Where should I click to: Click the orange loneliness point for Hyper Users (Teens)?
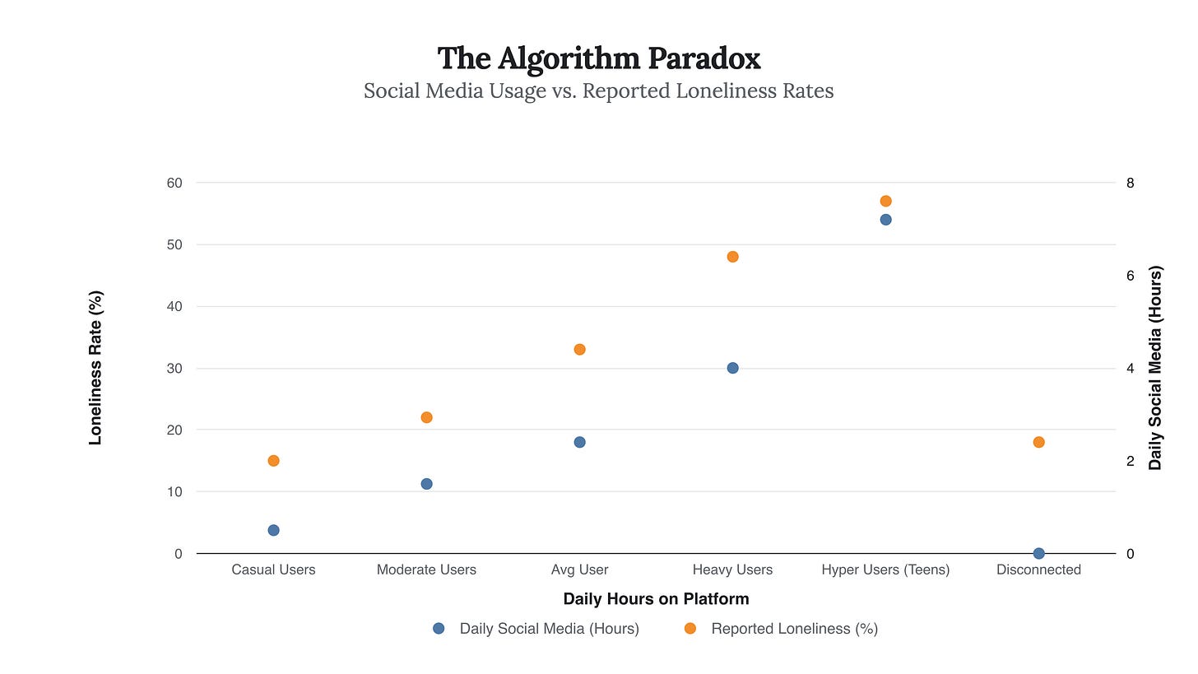(885, 201)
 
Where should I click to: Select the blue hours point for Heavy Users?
(732, 368)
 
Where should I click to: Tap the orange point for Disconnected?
(1038, 442)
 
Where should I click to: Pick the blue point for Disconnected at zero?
(1038, 553)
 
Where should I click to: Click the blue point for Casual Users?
(273, 530)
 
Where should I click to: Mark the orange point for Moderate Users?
(426, 417)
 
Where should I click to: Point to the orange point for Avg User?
(579, 349)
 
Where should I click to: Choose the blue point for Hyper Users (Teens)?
(885, 220)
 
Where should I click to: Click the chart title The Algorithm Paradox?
(599, 58)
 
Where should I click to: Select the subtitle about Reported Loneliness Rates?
(599, 91)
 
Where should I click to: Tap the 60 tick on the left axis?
(174, 183)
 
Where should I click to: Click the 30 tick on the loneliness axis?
(174, 368)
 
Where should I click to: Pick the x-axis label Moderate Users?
(426, 569)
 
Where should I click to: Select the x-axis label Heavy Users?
(732, 569)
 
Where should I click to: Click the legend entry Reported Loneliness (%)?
(794, 629)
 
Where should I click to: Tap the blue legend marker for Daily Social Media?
(439, 629)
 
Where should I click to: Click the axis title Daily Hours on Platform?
(656, 598)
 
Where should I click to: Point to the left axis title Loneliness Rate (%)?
(95, 368)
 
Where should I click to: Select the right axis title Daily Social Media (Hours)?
(1155, 368)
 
